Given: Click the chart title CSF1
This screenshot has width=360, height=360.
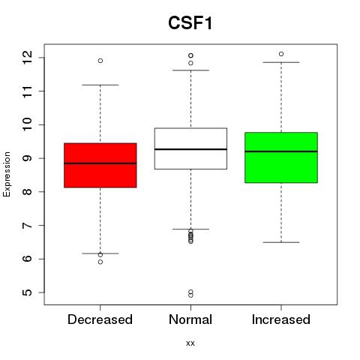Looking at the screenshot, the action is pyautogui.click(x=190, y=23).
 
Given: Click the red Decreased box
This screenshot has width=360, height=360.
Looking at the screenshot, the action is pyautogui.click(x=100, y=165).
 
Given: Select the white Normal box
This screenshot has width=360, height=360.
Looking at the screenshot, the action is pyautogui.click(x=190, y=148).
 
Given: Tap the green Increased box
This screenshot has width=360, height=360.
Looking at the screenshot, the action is pyautogui.click(x=281, y=157).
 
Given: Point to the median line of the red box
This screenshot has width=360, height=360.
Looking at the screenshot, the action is pyautogui.click(x=100, y=163).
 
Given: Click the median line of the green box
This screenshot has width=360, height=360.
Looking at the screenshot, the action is pyautogui.click(x=281, y=151).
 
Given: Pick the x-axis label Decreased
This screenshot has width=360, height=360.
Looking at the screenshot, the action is pyautogui.click(x=100, y=319).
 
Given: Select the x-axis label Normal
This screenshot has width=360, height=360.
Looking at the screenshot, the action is pyautogui.click(x=190, y=319).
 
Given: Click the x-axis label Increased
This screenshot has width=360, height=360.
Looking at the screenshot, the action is pyautogui.click(x=281, y=319).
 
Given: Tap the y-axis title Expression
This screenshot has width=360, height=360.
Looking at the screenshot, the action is pyautogui.click(x=7, y=174).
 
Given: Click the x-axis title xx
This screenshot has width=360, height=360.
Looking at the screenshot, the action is pyautogui.click(x=190, y=343).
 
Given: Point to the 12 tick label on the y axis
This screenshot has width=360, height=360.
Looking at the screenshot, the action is pyautogui.click(x=28, y=58).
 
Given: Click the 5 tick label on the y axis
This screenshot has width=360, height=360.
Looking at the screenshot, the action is pyautogui.click(x=28, y=292).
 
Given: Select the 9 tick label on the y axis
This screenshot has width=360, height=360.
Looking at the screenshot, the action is pyautogui.click(x=28, y=158).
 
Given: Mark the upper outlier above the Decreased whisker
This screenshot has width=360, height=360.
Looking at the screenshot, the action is pyautogui.click(x=100, y=61).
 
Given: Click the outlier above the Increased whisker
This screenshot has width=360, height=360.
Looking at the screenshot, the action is pyautogui.click(x=281, y=54).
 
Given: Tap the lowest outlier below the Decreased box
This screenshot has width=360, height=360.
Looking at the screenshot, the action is pyautogui.click(x=100, y=262).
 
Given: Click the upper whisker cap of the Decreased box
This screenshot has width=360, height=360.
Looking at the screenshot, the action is pyautogui.click(x=100, y=85).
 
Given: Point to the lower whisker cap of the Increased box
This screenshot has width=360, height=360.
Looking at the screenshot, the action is pyautogui.click(x=281, y=242).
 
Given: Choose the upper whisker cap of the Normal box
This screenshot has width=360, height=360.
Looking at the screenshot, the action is pyautogui.click(x=190, y=70).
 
